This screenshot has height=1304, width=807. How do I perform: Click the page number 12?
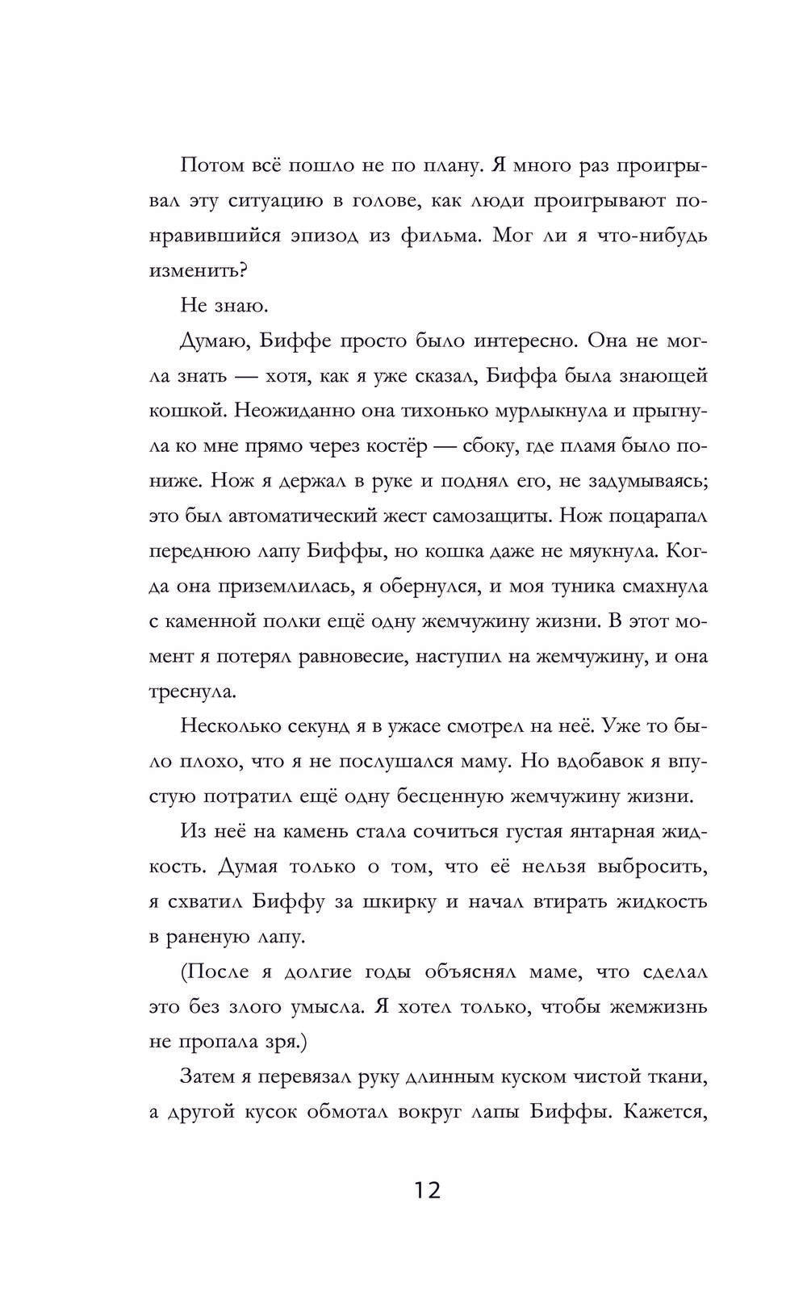click(428, 1189)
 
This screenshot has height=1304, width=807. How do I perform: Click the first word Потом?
click(211, 166)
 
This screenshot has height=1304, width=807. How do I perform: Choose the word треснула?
click(182, 691)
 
